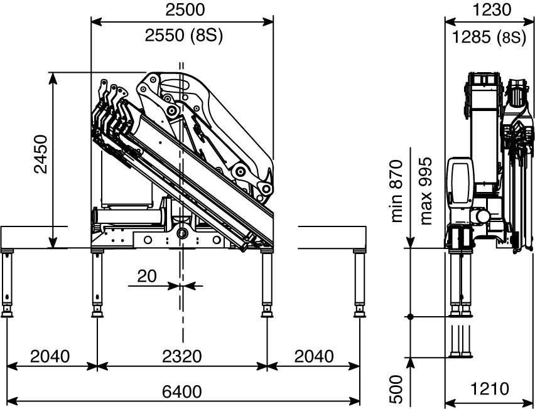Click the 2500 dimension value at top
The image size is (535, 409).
[x=185, y=10]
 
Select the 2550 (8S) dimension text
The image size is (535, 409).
[x=184, y=35]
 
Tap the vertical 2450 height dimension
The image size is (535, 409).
[x=41, y=154]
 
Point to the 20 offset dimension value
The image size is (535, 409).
[x=147, y=276]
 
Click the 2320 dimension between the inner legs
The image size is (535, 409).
[x=182, y=356]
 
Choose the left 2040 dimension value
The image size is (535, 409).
[x=50, y=356]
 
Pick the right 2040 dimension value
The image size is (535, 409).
[x=313, y=356]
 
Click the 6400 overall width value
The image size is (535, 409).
[x=182, y=391]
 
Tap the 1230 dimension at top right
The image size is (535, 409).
[x=492, y=10]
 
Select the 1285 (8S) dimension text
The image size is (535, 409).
[x=489, y=37]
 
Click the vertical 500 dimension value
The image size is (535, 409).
[x=397, y=389]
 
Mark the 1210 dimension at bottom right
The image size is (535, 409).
[x=490, y=388]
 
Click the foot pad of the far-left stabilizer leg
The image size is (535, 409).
[x=7, y=312]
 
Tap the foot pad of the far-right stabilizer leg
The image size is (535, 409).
[x=360, y=312]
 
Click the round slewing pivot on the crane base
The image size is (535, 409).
[x=183, y=233]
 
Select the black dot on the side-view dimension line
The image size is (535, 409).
[x=411, y=317]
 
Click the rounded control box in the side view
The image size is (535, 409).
[x=460, y=188]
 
